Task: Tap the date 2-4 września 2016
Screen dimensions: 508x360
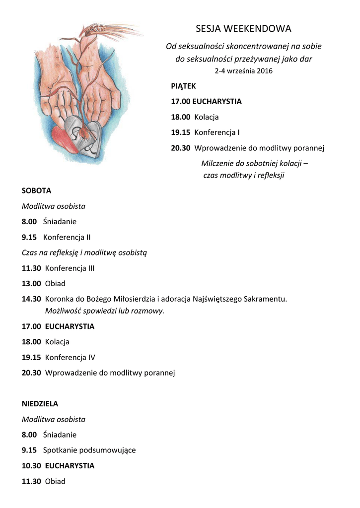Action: click(243, 71)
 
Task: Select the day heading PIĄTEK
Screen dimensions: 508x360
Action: click(183, 86)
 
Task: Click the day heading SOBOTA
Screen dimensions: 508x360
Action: click(36, 190)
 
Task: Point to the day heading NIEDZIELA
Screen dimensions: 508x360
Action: click(40, 404)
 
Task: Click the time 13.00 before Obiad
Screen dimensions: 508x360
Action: click(31, 284)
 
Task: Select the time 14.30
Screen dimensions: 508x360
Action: click(31, 299)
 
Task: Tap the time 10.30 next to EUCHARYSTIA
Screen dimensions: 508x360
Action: click(31, 466)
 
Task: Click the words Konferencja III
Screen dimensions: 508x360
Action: click(70, 268)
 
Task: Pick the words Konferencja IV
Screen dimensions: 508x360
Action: click(70, 357)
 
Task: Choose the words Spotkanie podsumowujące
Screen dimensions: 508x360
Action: click(89, 450)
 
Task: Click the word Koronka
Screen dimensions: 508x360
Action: click(59, 299)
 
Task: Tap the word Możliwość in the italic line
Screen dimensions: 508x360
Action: click(63, 311)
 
